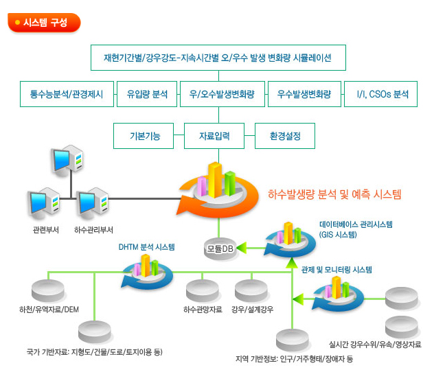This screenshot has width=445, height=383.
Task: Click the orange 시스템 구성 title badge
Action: (x=44, y=23)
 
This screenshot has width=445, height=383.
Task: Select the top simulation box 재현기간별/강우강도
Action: (x=218, y=58)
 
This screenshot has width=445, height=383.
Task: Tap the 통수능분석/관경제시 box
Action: (x=67, y=94)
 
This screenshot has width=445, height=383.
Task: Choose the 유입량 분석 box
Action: (x=147, y=94)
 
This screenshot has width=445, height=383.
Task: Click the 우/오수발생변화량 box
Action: (x=223, y=94)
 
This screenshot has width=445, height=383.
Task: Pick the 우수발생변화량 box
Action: (x=304, y=94)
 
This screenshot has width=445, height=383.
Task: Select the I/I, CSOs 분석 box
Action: (x=380, y=94)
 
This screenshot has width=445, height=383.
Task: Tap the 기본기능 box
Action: (x=144, y=136)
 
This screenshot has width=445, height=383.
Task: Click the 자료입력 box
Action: (x=214, y=136)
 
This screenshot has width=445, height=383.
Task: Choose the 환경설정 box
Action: (x=285, y=136)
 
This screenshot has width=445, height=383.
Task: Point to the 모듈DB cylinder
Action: (x=220, y=248)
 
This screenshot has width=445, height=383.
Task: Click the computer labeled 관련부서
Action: (x=43, y=203)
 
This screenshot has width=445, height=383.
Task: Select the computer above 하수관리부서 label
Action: (x=92, y=203)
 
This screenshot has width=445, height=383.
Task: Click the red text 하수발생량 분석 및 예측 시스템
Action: (x=334, y=194)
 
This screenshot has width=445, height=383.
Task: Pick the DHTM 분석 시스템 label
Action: (x=146, y=247)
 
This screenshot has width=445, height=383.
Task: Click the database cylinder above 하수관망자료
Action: (x=203, y=290)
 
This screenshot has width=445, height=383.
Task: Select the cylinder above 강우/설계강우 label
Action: (x=251, y=290)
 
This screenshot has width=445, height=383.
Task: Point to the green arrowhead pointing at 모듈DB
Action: (x=242, y=248)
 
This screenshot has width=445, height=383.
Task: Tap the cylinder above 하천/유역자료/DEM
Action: (x=48, y=290)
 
